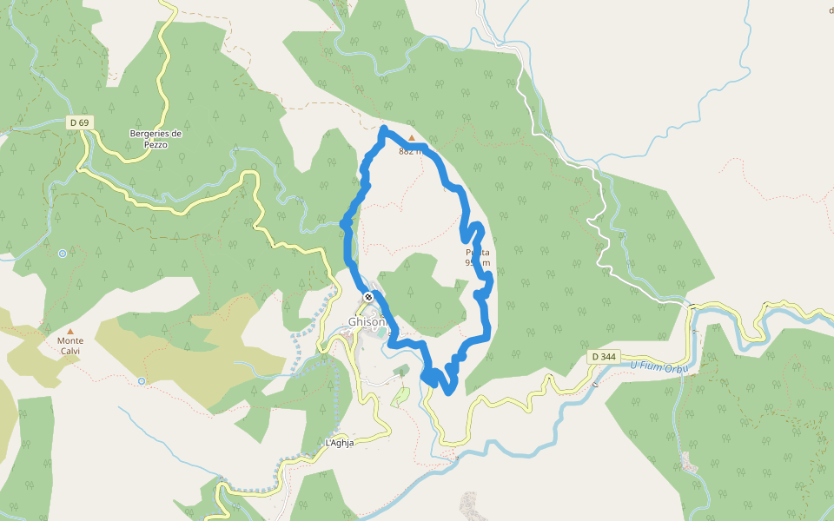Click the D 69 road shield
point(78,123)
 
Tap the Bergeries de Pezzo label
point(156,139)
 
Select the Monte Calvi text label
point(70,346)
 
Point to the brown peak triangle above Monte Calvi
point(70,331)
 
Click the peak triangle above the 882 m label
point(412,137)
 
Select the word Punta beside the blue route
point(477,253)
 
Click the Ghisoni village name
point(366,321)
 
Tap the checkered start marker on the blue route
point(369,297)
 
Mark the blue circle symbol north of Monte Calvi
point(63,254)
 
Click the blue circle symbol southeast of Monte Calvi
point(142,381)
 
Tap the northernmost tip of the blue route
point(384,129)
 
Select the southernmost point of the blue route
point(448,392)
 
